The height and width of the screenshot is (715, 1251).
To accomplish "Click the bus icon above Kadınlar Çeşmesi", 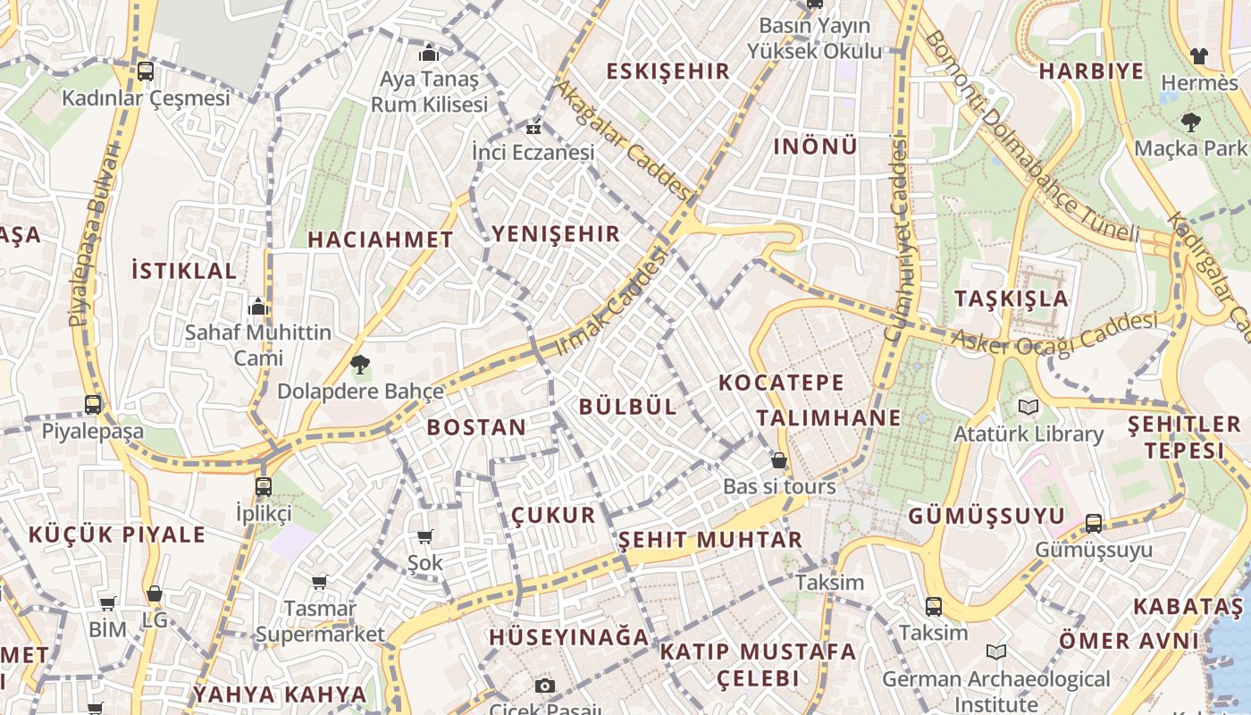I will click(x=145, y=71).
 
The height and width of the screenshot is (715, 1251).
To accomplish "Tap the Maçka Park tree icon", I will click(x=1190, y=122).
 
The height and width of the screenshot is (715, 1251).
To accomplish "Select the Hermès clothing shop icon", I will click(x=1199, y=56).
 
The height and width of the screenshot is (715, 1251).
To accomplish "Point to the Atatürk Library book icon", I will click(x=1029, y=408).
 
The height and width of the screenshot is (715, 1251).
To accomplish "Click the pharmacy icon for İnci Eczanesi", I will click(x=533, y=127).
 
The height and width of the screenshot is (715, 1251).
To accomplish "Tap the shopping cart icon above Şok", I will click(x=425, y=536).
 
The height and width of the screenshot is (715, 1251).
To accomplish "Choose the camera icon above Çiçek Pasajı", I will click(x=544, y=686).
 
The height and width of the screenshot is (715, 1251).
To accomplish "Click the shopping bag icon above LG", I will click(x=155, y=593).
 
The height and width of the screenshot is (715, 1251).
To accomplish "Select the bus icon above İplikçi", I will click(x=263, y=487).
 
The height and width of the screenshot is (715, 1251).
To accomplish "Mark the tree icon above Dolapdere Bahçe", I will click(x=360, y=364).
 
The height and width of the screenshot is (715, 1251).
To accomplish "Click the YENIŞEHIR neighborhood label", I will click(x=555, y=234).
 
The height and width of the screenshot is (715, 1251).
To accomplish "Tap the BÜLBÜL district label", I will click(x=627, y=407).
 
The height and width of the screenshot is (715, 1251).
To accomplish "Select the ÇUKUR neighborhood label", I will click(x=553, y=515).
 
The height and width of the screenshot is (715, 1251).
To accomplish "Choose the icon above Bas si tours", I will click(x=779, y=461).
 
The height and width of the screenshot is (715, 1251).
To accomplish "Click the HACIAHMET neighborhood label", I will click(x=381, y=240).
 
